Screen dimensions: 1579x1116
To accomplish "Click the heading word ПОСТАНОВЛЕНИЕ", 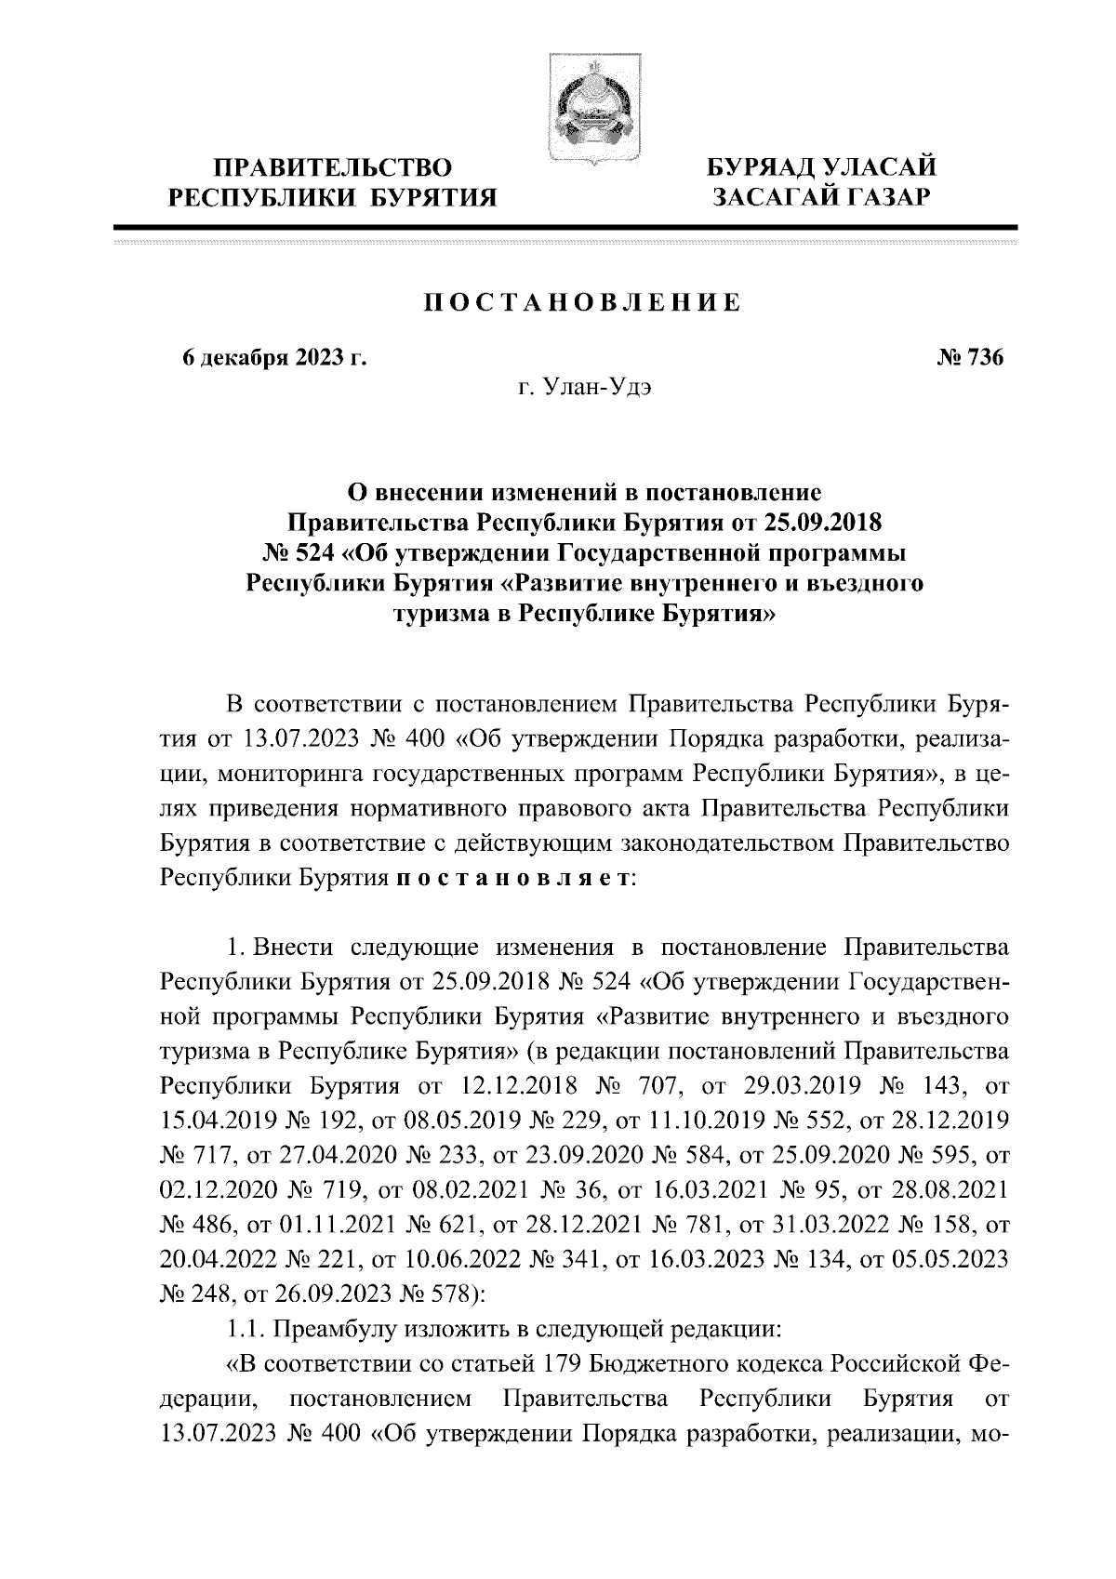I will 583,301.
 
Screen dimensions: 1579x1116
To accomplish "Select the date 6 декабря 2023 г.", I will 274,357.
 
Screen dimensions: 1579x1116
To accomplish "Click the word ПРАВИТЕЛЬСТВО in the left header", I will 332,168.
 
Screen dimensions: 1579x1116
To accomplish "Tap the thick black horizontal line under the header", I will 565,226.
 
